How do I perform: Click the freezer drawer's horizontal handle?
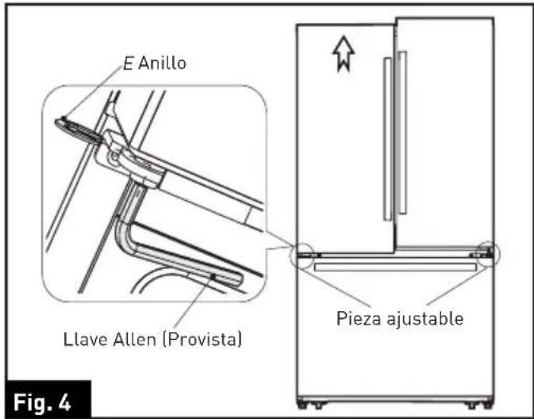pyautogui.click(x=395, y=268)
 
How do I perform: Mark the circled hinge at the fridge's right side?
pyautogui.click(x=490, y=253)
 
